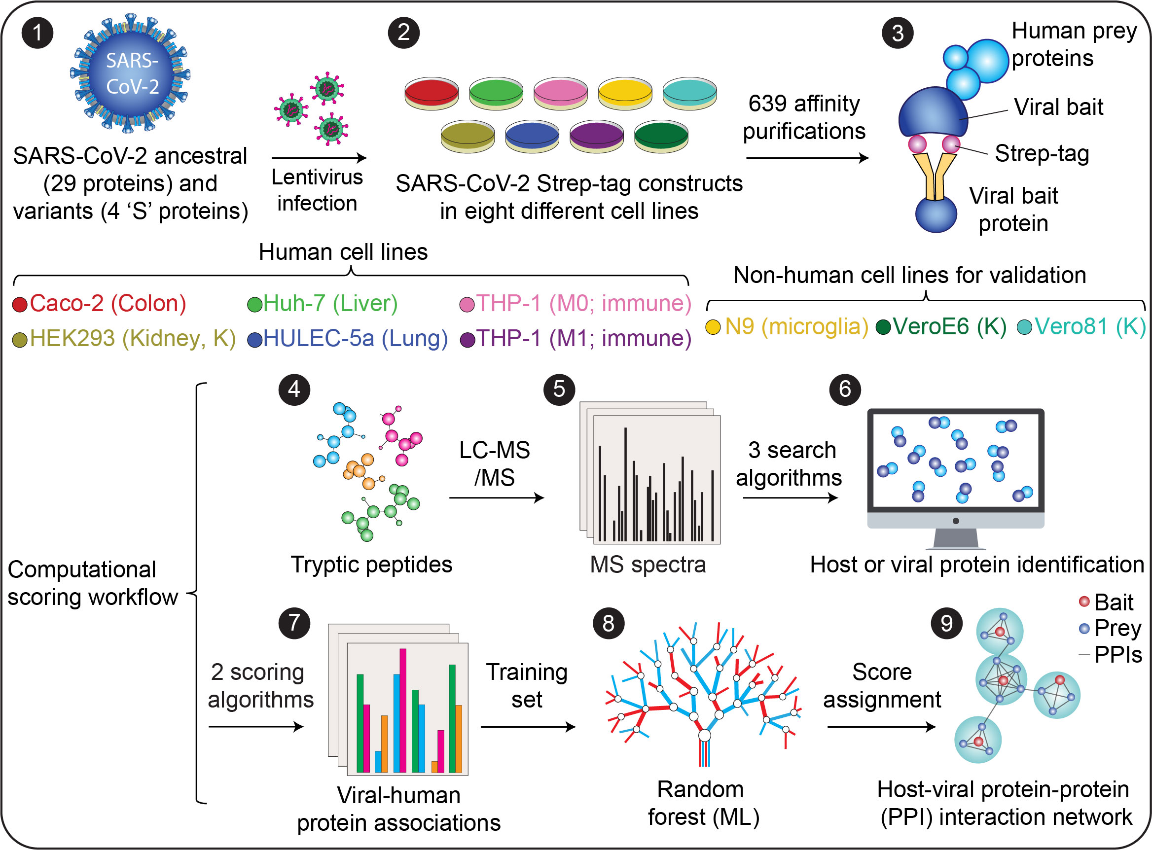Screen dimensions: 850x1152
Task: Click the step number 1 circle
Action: [37, 33]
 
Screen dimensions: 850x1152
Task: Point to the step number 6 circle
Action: [845, 390]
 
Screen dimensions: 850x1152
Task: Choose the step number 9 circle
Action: [946, 623]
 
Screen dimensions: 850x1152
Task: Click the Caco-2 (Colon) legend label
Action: [108, 304]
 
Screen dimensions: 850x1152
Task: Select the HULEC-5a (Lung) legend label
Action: [355, 339]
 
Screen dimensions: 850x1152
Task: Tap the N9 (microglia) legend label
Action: [796, 326]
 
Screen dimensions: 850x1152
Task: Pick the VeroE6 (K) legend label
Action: [949, 326]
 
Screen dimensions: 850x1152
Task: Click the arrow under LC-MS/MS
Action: [496, 497]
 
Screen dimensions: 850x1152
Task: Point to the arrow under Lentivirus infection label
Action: [319, 157]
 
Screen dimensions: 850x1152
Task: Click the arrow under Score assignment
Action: [881, 727]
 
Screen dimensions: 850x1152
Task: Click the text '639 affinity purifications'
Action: [804, 117]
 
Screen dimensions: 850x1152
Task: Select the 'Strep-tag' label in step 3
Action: [1042, 153]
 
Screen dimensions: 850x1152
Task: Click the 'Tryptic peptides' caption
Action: [371, 565]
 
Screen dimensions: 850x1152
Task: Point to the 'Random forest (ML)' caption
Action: [703, 803]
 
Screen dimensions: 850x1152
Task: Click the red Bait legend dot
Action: [1084, 601]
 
